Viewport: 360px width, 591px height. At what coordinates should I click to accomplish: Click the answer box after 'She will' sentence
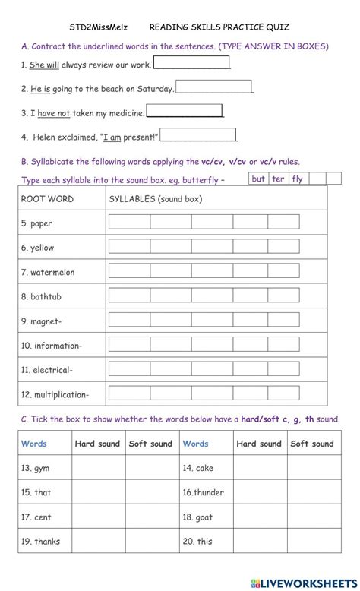[191, 63]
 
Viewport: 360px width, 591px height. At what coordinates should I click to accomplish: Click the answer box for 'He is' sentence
[213, 87]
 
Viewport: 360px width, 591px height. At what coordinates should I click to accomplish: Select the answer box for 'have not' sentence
[185, 111]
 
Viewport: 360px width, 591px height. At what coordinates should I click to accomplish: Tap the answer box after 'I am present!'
[198, 135]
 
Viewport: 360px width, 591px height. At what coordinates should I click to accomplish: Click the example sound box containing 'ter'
[278, 179]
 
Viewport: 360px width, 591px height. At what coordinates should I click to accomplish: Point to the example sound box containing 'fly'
[297, 179]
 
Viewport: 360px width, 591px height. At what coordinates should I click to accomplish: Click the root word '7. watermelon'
[48, 272]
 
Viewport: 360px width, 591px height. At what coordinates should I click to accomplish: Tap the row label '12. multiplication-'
[55, 394]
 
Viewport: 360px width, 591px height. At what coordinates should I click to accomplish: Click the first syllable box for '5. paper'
[129, 223]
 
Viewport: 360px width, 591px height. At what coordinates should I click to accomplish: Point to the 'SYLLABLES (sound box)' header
[156, 198]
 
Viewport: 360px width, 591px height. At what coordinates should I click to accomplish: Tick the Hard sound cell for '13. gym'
[96, 468]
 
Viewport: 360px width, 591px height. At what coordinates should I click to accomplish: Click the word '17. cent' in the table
[36, 517]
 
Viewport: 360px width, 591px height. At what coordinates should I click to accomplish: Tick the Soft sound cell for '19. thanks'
[150, 541]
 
